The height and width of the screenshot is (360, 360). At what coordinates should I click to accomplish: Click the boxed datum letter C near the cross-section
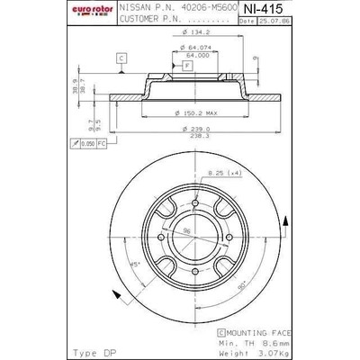pyautogui.click(x=120, y=58)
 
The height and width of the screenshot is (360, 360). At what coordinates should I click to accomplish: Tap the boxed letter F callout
pyautogui.click(x=186, y=67)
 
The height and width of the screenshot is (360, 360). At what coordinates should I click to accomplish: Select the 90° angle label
pyautogui.click(x=244, y=284)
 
